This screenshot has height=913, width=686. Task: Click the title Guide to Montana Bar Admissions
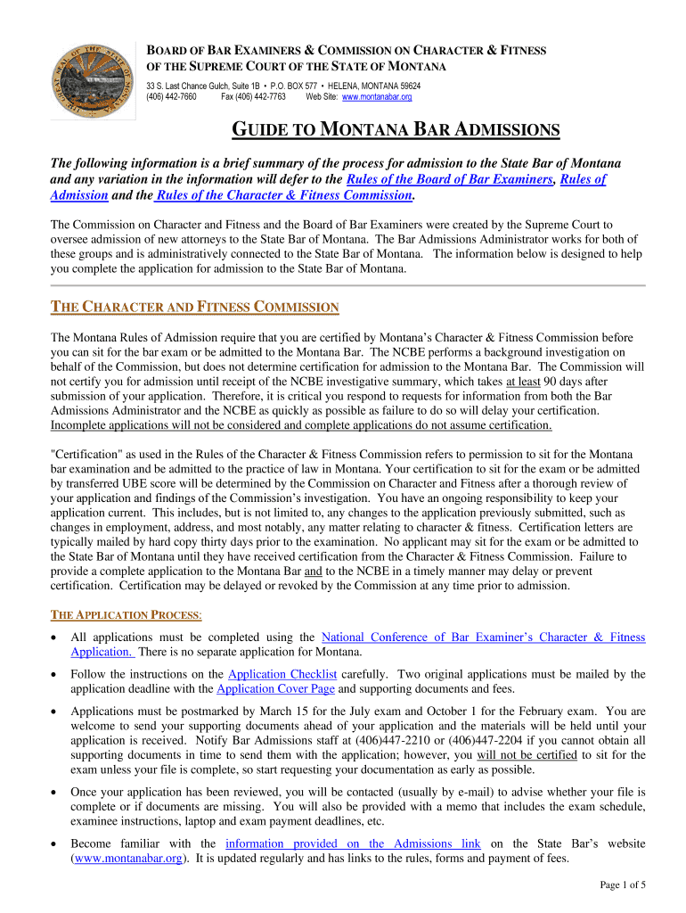[396, 132]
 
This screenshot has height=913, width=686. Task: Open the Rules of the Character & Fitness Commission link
[284, 195]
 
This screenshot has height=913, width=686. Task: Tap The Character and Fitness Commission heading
[195, 308]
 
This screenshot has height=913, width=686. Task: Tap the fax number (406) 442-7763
[254, 96]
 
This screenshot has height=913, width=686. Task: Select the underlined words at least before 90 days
[525, 381]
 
